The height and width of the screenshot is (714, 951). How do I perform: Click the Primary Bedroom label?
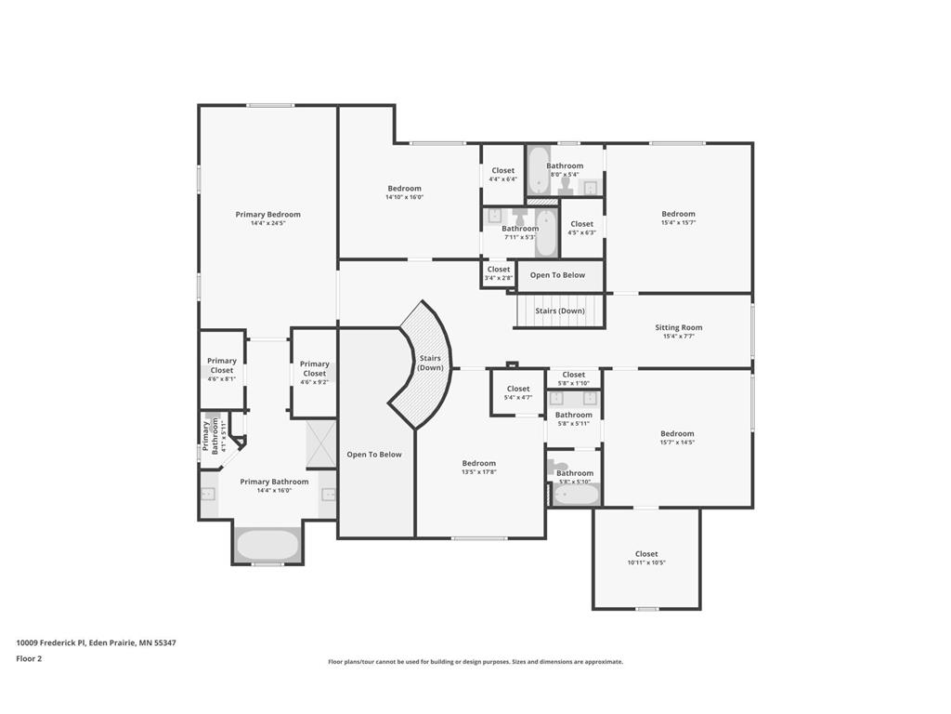click(x=267, y=215)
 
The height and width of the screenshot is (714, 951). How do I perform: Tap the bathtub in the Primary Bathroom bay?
click(x=267, y=545)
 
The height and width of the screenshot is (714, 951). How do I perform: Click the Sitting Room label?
click(x=678, y=327)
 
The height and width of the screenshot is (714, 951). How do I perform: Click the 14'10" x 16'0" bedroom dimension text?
click(x=404, y=197)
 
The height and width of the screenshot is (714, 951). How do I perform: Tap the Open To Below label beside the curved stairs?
click(x=374, y=455)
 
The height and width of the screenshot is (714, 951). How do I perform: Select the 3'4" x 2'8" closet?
click(x=499, y=273)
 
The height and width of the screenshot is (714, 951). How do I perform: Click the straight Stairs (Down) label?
click(x=560, y=311)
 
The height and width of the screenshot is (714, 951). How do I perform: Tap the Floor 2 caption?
click(x=29, y=658)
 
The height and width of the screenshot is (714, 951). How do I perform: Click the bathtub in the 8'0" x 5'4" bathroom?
click(x=540, y=173)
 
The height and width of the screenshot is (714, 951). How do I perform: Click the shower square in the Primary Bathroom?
click(x=321, y=443)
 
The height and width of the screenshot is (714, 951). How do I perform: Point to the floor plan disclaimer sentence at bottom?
click(x=475, y=662)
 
